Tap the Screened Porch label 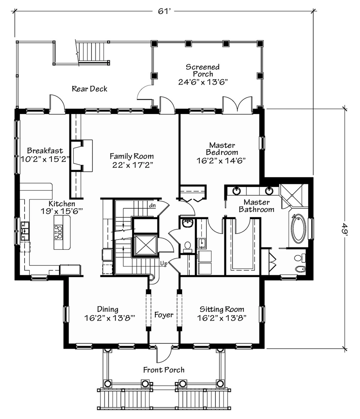click(203, 70)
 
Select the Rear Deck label click(90, 89)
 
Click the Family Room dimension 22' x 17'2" click(132, 165)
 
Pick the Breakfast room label click(45, 150)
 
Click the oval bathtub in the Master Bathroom click(298, 228)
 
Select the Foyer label click(164, 315)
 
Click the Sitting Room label click(222, 309)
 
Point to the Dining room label click(108, 309)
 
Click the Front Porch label click(164, 370)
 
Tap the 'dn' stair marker click(152, 205)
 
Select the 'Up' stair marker click(164, 264)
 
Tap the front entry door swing click(163, 354)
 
